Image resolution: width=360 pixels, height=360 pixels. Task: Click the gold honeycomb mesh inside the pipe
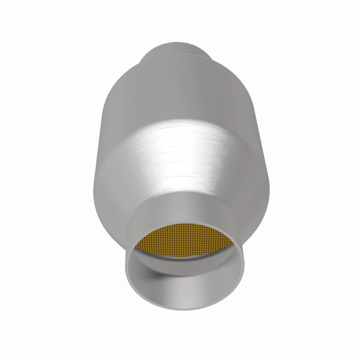point(184,249)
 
